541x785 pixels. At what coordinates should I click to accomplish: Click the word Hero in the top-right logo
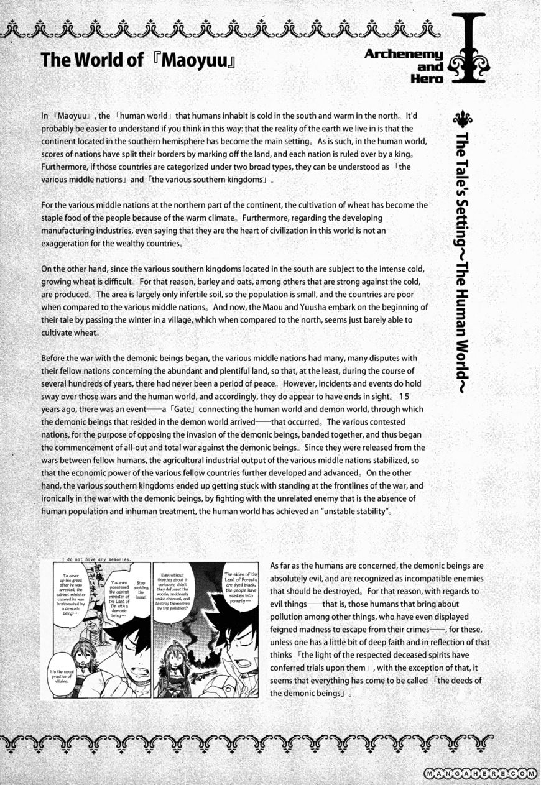[427, 79]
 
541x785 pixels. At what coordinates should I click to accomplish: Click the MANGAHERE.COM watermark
[479, 773]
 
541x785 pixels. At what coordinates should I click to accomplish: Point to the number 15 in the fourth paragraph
[404, 397]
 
